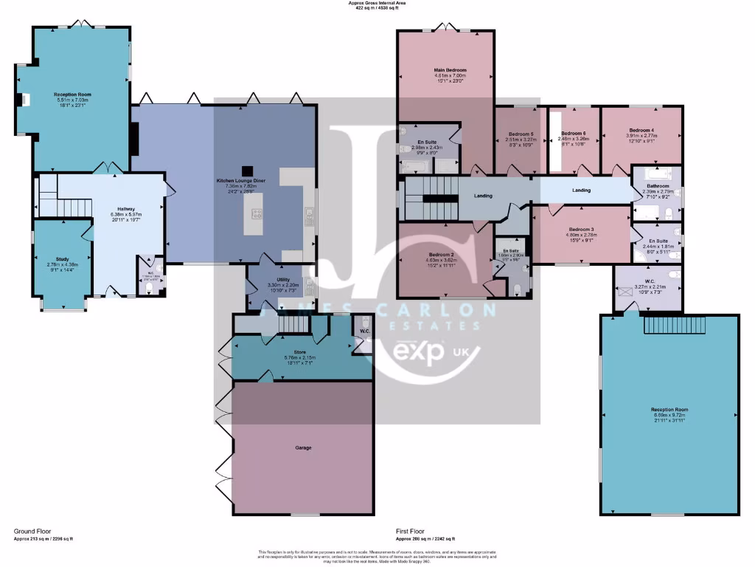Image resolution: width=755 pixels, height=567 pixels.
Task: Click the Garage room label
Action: pos(303,448)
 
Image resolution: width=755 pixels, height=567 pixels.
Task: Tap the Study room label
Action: pos(62,260)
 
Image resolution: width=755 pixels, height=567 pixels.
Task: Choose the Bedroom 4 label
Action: pos(641,130)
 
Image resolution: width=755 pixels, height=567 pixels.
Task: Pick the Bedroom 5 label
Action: pos(521,134)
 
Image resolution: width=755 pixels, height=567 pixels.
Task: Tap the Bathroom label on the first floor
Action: pos(657,186)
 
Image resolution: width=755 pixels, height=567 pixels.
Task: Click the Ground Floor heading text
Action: pos(34,531)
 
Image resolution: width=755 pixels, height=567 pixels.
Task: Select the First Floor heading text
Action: pos(411,531)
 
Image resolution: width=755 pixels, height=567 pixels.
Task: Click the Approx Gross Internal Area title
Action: pos(377,3)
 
